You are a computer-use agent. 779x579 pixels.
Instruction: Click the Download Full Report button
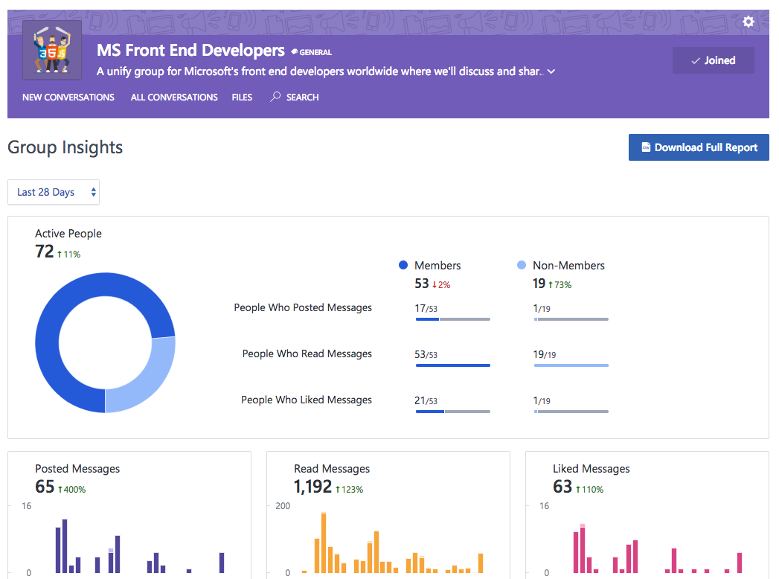tap(698, 147)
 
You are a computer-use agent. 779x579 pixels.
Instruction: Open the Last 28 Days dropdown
tap(54, 192)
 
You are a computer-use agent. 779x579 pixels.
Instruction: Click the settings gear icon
tap(748, 22)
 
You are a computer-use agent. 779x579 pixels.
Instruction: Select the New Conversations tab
tap(68, 97)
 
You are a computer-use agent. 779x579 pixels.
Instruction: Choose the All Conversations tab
tap(174, 97)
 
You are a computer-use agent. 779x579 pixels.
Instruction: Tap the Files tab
tap(242, 97)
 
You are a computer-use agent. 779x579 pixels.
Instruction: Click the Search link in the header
tap(295, 97)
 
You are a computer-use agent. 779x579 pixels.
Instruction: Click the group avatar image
tap(52, 50)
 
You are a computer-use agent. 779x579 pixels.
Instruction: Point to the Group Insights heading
tap(65, 147)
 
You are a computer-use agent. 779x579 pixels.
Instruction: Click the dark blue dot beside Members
tap(403, 265)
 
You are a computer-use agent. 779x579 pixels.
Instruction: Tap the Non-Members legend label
tap(568, 266)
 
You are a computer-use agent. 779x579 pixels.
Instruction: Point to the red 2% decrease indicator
tap(441, 285)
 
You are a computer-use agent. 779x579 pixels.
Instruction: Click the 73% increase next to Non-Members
tap(560, 285)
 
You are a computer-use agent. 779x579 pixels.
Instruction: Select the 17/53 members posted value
tap(426, 308)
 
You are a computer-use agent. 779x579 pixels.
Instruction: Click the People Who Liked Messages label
tap(307, 400)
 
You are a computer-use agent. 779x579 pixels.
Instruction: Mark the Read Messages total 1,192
tap(312, 487)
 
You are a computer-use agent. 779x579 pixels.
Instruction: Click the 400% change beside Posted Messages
tap(71, 490)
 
